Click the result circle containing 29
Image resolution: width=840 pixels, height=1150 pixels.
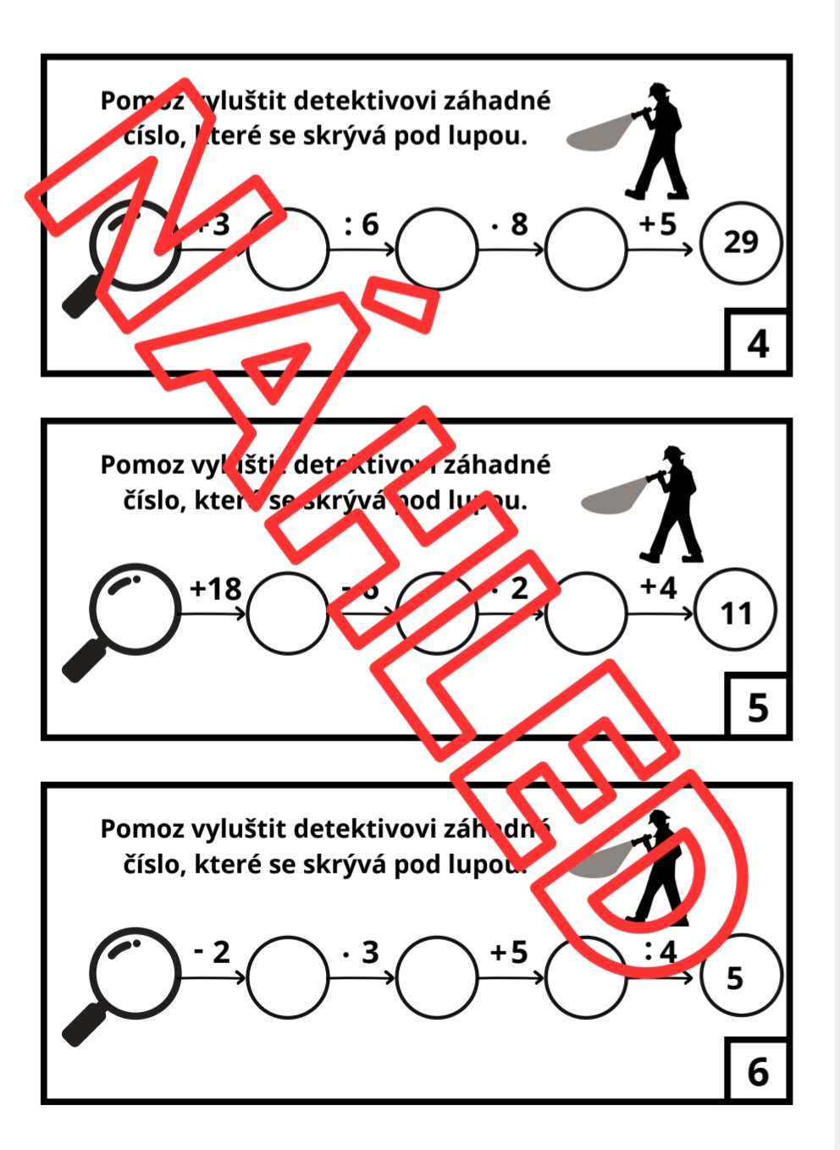click(x=740, y=242)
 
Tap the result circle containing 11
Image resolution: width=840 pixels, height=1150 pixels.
click(x=735, y=612)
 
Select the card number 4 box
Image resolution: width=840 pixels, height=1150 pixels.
click(x=758, y=343)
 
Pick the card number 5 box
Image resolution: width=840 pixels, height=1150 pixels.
click(x=758, y=707)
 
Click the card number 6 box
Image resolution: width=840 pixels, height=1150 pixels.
click(x=758, y=1070)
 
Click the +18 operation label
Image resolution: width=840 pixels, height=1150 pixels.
click(x=215, y=588)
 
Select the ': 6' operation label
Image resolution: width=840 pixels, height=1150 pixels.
click(x=362, y=224)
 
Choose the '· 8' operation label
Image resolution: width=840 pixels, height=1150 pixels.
click(x=511, y=224)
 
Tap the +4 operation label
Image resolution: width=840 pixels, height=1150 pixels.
click(x=658, y=586)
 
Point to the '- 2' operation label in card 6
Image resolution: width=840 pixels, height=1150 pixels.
click(x=212, y=952)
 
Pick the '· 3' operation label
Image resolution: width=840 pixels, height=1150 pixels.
click(x=362, y=952)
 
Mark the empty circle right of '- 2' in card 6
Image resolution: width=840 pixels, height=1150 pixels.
click(x=288, y=977)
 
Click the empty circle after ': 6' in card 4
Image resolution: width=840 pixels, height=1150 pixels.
click(x=436, y=249)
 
